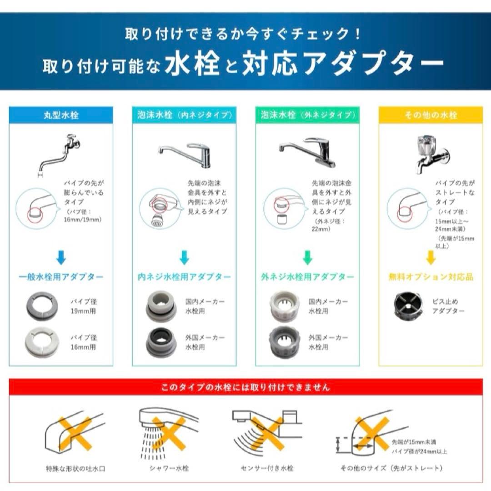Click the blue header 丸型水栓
tap(61, 115)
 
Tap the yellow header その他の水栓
tap(430, 115)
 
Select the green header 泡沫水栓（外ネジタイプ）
tap(307, 115)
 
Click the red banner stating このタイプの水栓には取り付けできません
tap(245, 388)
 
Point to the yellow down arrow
tap(430, 257)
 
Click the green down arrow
tap(307, 257)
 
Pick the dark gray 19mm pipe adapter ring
tap(41, 306)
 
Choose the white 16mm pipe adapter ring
tap(41, 342)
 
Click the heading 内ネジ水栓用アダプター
tap(184, 277)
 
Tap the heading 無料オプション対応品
tap(430, 277)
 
